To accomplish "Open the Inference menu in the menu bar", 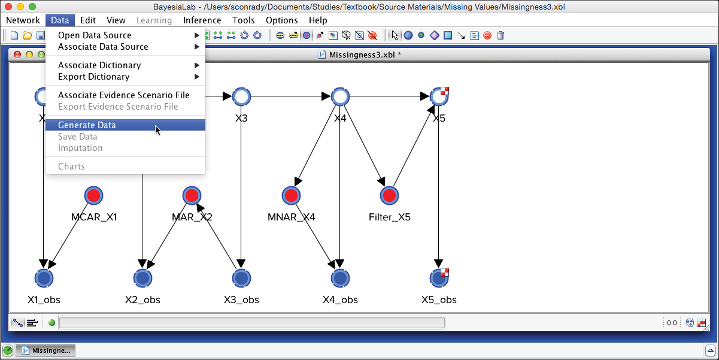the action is (x=202, y=20).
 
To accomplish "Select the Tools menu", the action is (x=243, y=20).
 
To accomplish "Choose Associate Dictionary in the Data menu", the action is (x=99, y=65).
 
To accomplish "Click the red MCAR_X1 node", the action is (x=94, y=196).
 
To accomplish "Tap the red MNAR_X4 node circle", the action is (x=291, y=196).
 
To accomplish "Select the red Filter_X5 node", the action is (x=389, y=196).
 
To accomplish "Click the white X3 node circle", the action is (x=241, y=96).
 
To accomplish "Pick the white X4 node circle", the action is (x=340, y=96).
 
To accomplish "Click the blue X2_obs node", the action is (x=142, y=278).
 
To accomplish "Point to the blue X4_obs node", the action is (x=340, y=278).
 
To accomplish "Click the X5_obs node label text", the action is (x=439, y=300).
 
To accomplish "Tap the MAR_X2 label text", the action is (x=192, y=217).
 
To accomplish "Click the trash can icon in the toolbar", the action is (x=500, y=35).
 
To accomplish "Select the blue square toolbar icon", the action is (x=448, y=35).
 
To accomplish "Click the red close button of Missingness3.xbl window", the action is (x=17, y=55).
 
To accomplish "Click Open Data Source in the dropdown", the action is (x=95, y=35).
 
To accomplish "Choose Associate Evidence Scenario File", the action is (x=123, y=95).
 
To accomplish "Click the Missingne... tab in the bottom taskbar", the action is (x=45, y=350).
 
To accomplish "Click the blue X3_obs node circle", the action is (x=241, y=278).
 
